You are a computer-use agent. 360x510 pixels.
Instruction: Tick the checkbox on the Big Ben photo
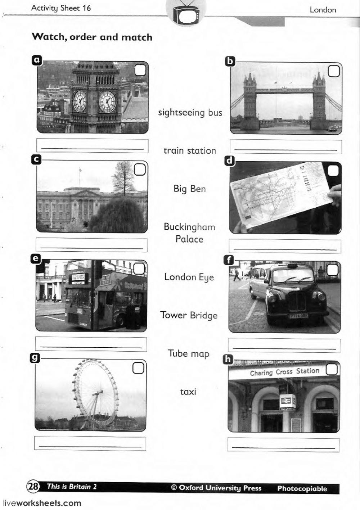tap(141, 70)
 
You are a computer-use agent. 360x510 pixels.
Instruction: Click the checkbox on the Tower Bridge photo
tap(334, 71)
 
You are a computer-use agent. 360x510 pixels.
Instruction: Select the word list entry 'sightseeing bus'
tap(190, 113)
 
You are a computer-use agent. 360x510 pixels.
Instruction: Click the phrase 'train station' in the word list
tap(190, 150)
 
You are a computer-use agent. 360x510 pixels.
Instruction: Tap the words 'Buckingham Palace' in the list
tap(189, 233)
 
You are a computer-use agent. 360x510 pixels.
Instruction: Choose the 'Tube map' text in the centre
tap(189, 353)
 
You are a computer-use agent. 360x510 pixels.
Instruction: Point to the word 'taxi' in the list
tap(188, 392)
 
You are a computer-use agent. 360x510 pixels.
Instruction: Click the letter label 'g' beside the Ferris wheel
tap(35, 357)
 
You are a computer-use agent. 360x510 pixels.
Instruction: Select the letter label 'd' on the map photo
tap(229, 161)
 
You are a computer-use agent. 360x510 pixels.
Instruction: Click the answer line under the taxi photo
tap(284, 346)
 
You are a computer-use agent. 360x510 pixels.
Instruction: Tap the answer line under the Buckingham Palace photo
tap(92, 245)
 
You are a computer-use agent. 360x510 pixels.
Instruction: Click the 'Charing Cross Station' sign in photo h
tap(284, 372)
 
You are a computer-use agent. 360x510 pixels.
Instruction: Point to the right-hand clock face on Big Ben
tap(107, 101)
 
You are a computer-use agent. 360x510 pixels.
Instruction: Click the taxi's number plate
tap(298, 316)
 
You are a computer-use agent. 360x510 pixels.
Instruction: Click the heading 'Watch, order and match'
tap(92, 37)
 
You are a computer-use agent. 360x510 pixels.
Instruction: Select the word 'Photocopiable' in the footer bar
tap(302, 489)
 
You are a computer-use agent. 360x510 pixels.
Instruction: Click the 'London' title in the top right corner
tap(323, 10)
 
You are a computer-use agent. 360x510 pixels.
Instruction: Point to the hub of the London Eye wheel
tap(95, 395)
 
